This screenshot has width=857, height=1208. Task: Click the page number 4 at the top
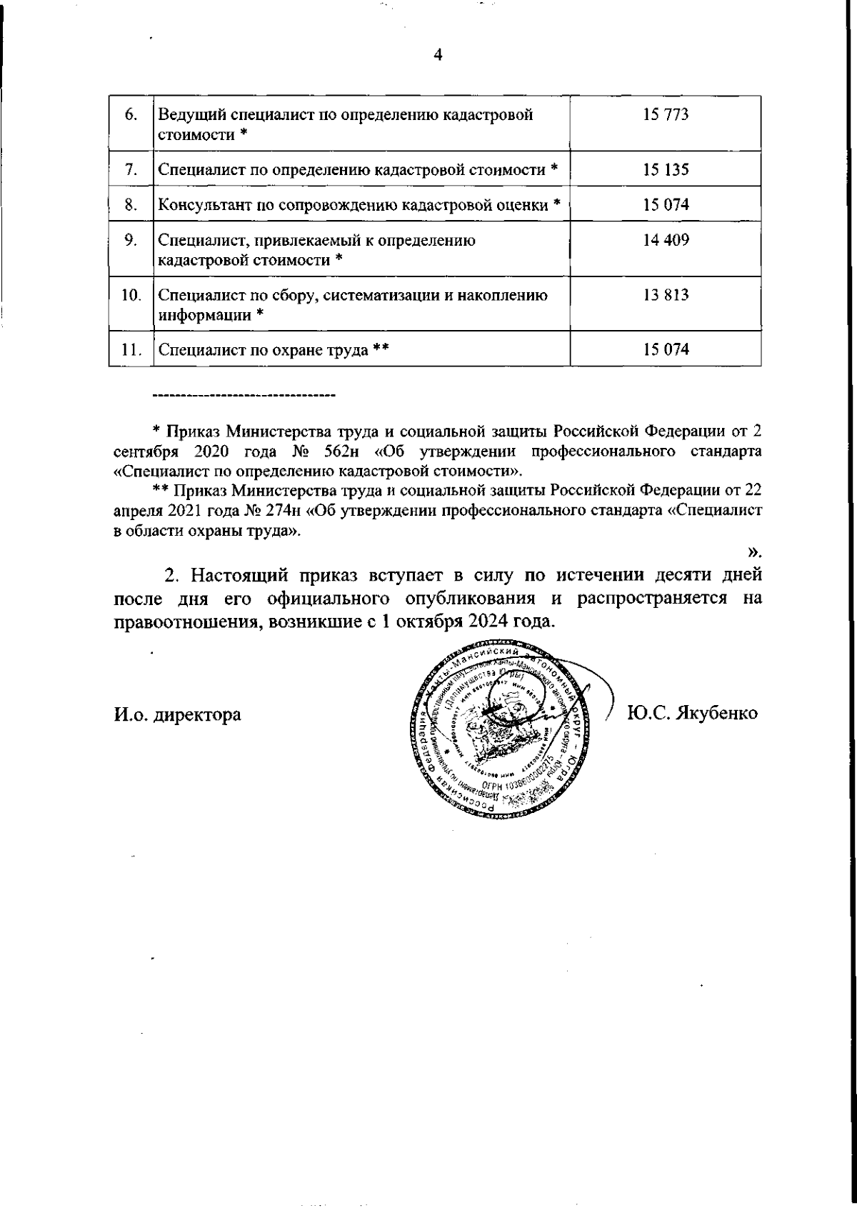438,56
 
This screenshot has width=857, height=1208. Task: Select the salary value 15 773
665,115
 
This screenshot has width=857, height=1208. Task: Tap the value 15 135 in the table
665,170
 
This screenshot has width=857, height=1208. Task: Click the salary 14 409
665,240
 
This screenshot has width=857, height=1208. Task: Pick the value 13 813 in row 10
665,295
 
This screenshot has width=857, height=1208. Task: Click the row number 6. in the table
131,115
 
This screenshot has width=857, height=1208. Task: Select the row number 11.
131,350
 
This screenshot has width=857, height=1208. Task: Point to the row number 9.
131,240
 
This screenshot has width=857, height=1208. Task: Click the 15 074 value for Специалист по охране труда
665,349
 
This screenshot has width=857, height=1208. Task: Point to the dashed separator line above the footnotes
244,394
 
